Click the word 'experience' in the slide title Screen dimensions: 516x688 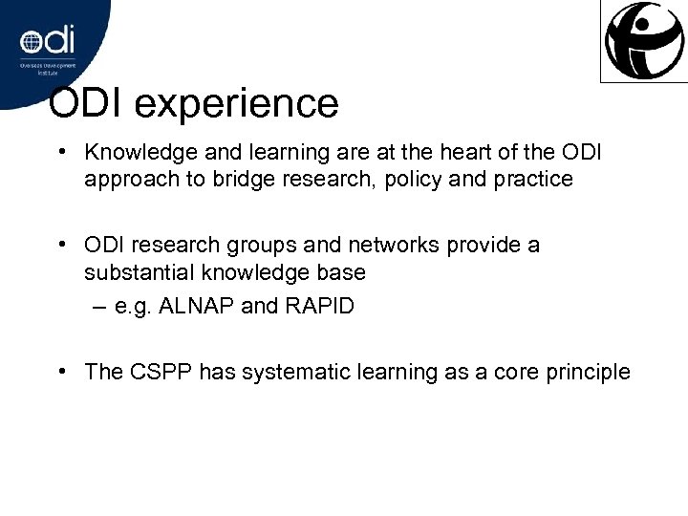pyautogui.click(x=243, y=104)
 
